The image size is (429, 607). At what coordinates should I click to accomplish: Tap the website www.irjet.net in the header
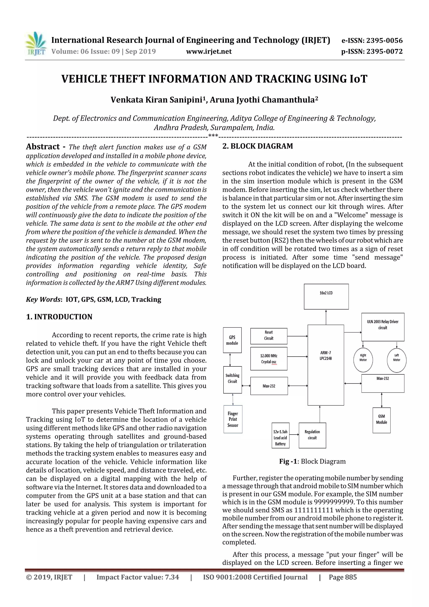point(209,52)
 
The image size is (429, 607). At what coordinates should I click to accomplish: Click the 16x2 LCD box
point(326,296)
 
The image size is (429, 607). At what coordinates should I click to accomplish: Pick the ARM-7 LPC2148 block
point(326,365)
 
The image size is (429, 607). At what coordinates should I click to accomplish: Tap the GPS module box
point(232,340)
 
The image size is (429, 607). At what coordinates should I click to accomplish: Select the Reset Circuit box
point(269,336)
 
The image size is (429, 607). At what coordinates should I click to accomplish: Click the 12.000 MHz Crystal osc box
point(269,359)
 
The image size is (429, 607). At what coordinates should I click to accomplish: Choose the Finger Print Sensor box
point(233,419)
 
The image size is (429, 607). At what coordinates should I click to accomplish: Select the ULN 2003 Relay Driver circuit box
point(382,327)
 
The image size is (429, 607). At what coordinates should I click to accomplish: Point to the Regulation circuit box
point(312,435)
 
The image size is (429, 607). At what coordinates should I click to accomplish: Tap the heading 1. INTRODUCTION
point(59,317)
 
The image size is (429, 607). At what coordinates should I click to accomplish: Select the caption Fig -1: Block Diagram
point(312,461)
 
